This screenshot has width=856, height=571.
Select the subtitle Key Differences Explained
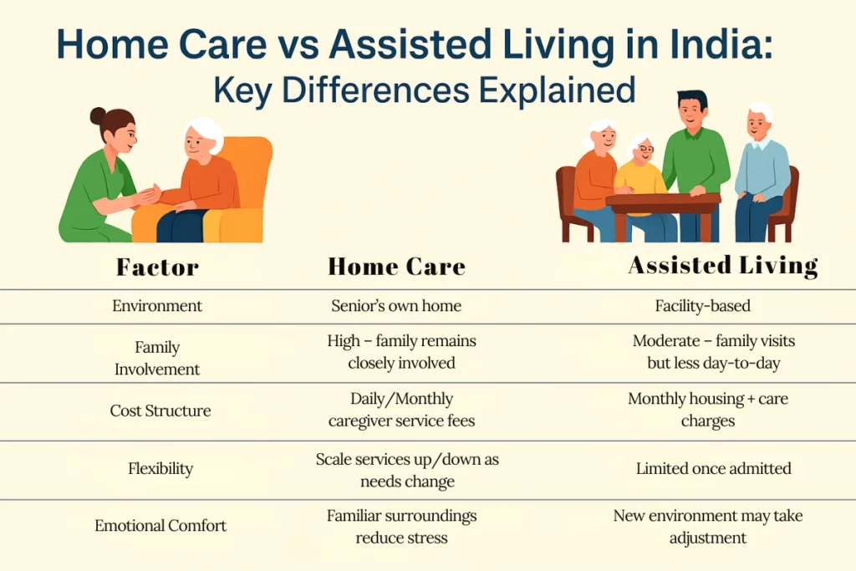[x=424, y=89]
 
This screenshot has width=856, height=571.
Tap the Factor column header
[x=157, y=268]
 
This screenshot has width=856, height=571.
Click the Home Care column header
[x=396, y=267]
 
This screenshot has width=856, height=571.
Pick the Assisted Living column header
[x=723, y=266]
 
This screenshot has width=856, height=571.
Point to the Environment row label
[x=157, y=306]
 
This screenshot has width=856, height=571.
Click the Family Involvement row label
[x=157, y=358]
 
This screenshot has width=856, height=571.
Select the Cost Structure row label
[x=160, y=410]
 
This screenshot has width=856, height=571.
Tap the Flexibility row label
[x=160, y=468]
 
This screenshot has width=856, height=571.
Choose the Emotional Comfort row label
[x=160, y=526]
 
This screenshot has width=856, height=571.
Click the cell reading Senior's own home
[x=396, y=306]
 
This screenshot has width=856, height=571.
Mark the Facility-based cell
[x=702, y=306]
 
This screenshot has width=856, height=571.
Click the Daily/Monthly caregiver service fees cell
[x=401, y=410]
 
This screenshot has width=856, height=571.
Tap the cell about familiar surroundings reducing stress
[x=401, y=526]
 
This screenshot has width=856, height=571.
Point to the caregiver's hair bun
[x=98, y=115]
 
